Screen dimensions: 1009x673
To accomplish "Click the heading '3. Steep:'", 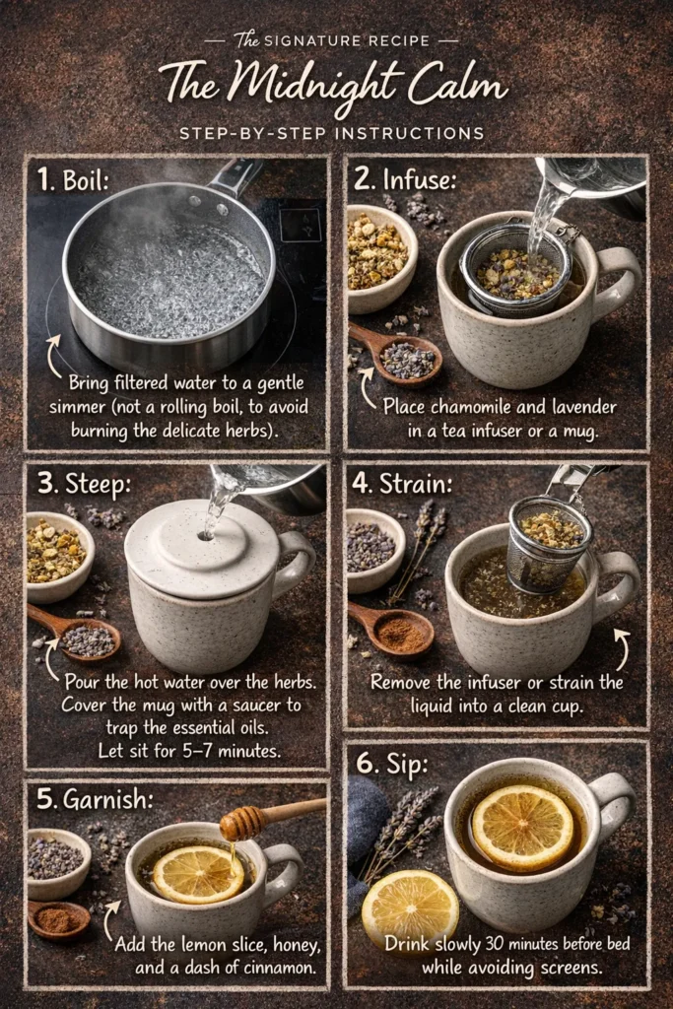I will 87,484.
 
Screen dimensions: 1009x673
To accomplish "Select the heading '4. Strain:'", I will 404,484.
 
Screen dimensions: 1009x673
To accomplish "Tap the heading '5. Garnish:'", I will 97,800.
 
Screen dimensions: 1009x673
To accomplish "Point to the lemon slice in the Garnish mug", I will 197,873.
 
